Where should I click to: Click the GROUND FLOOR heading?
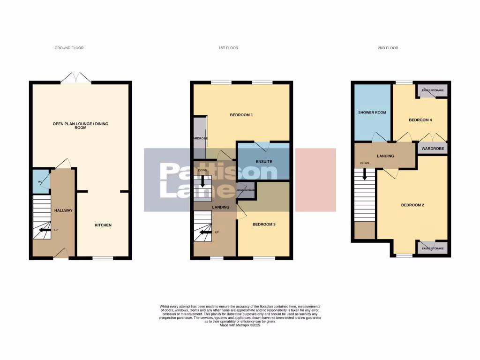tap(69, 48)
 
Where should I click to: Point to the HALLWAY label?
tap(63, 210)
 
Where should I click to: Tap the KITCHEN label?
tap(103, 225)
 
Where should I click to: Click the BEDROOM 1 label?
tap(241, 115)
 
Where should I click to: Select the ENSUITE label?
tap(263, 162)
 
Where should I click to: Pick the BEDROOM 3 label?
tap(264, 225)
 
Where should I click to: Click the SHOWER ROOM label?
tap(372, 112)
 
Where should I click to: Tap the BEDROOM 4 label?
tap(420, 120)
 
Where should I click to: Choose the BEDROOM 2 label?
tap(412, 205)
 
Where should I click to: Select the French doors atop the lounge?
tap(75, 78)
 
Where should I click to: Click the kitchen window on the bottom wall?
tap(103, 258)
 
